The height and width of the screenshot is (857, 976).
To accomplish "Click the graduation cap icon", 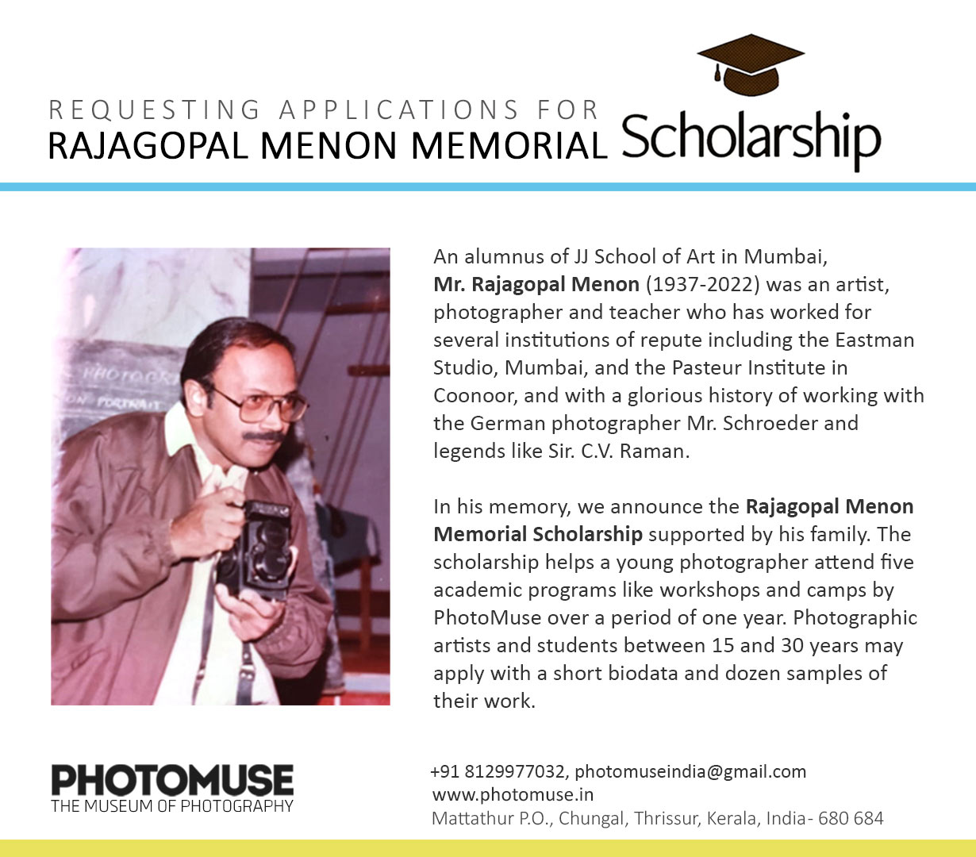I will coord(751,64).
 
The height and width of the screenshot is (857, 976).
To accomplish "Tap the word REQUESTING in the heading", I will coord(154,110).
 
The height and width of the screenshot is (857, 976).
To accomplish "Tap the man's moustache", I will coord(264,436).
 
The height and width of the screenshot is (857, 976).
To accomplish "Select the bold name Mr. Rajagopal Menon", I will coord(536,284).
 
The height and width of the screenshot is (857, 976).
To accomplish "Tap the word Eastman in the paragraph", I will coord(874,340).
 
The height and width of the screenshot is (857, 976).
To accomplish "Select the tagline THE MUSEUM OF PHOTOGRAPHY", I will coord(172,807).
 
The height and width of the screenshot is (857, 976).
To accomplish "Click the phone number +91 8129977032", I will coord(498,771).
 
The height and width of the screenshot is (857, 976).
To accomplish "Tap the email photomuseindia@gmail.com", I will coord(690,771).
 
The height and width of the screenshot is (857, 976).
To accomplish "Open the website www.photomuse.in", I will coord(513,794).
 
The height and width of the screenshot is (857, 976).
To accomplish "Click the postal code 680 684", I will coord(851,818).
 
